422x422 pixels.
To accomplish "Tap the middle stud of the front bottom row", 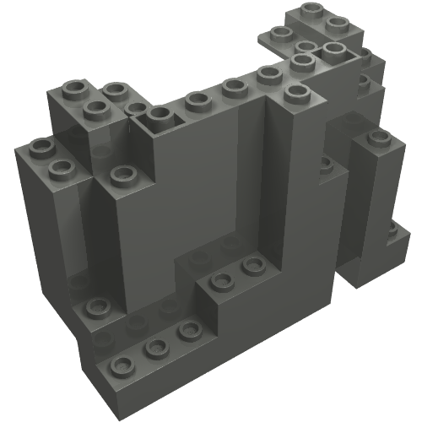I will tap(154, 347).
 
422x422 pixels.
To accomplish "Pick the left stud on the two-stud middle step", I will tap(221, 281).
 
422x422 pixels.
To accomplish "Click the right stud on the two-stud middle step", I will tap(252, 266).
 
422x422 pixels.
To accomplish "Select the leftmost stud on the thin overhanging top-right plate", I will tap(279, 35).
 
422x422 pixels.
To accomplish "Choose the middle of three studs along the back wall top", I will tap(233, 86).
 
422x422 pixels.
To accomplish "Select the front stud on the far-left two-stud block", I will tap(61, 168).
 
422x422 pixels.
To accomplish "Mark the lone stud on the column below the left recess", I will tap(123, 176).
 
